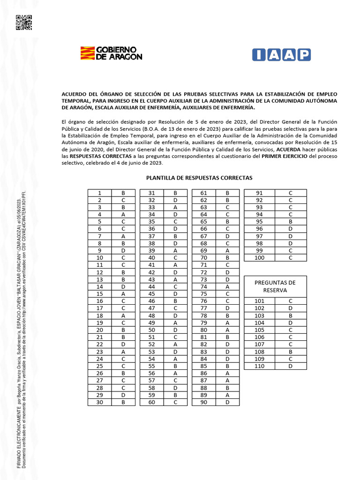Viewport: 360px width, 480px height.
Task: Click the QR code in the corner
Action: coord(23,22)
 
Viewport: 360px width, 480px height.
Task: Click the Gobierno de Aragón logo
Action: coord(112,53)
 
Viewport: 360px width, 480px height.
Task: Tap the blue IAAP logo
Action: coord(281,55)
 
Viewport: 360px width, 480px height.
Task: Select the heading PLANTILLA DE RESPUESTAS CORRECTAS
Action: coord(199,178)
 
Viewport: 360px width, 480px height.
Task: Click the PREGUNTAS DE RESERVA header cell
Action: coord(275,286)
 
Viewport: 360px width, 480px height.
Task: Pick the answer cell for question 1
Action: coord(123,193)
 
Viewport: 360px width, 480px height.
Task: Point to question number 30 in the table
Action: coord(99,402)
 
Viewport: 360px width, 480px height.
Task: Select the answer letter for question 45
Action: coord(175,294)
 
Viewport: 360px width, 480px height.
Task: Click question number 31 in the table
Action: coord(152,193)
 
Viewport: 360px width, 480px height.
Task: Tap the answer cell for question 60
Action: coord(175,402)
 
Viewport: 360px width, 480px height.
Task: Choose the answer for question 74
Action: coord(227,286)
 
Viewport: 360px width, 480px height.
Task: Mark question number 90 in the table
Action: coord(204,402)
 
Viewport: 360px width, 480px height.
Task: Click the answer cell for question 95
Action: coord(291,222)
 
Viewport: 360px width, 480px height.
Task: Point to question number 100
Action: coord(259,257)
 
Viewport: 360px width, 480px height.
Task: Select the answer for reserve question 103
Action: coord(291,315)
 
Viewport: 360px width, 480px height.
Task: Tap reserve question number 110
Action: coord(259,366)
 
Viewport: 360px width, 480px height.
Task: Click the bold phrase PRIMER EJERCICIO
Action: coord(285,156)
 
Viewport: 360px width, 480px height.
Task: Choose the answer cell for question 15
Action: coord(123,294)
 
